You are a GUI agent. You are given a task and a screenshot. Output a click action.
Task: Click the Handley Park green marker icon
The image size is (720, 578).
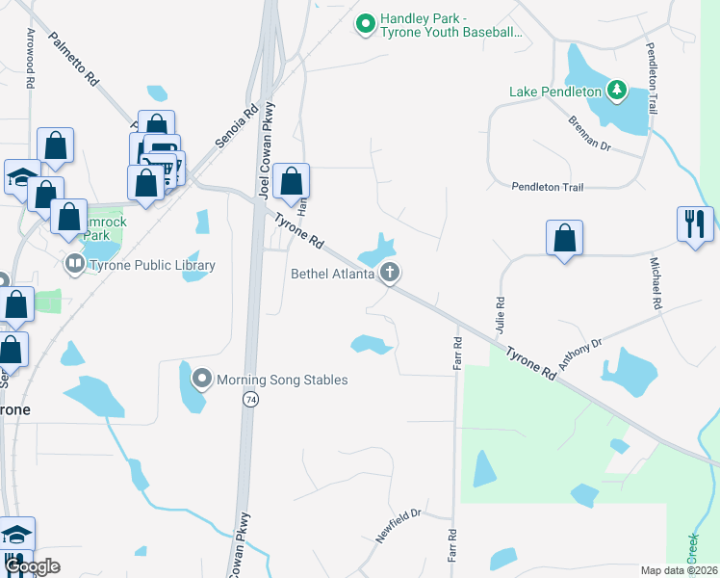point(365,23)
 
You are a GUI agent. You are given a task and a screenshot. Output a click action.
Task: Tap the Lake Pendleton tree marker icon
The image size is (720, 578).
point(617,92)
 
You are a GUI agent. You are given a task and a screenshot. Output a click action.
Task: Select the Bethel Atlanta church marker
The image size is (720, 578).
point(390,273)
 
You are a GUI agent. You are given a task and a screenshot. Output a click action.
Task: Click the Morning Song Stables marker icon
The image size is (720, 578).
point(202,379)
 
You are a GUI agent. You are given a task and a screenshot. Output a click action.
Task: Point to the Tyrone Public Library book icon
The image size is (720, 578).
point(74,263)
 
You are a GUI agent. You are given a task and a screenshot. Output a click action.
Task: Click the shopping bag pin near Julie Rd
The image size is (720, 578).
point(565,238)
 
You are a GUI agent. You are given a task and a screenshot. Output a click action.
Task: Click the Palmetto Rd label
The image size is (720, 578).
point(74,59)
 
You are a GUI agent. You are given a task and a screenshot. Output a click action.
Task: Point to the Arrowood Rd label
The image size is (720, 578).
point(31,59)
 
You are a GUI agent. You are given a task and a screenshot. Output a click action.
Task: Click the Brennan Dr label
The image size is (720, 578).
point(590,133)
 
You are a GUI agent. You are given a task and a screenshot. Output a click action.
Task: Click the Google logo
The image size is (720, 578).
point(33,566)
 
